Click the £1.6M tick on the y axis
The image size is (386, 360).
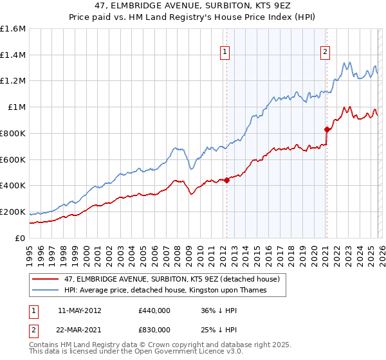point(13,29)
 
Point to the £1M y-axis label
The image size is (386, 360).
point(17,107)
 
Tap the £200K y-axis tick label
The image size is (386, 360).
point(13,212)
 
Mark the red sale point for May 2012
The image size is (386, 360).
point(226,180)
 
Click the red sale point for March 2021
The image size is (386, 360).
point(327,129)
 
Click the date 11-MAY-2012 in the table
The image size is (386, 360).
point(79,310)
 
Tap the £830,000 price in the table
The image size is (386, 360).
point(154,329)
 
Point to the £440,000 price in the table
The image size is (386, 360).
point(154,310)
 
